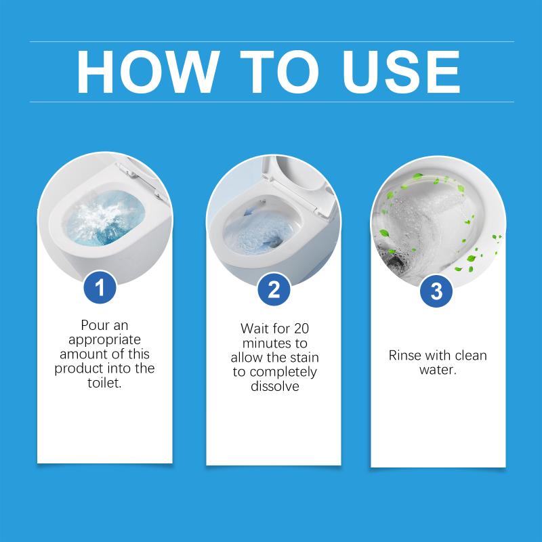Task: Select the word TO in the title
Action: coord(279,72)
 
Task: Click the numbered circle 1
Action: coord(100,287)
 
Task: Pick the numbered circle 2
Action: coord(274,290)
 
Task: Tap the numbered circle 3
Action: coord(436,291)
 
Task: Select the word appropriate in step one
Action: coord(104,340)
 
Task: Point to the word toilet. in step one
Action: coord(104,383)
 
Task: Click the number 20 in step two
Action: coord(301,329)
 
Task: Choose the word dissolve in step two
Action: coord(275,386)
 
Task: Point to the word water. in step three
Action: coord(438,370)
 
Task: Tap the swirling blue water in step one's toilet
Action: coord(104,218)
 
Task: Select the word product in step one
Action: coord(79,369)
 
